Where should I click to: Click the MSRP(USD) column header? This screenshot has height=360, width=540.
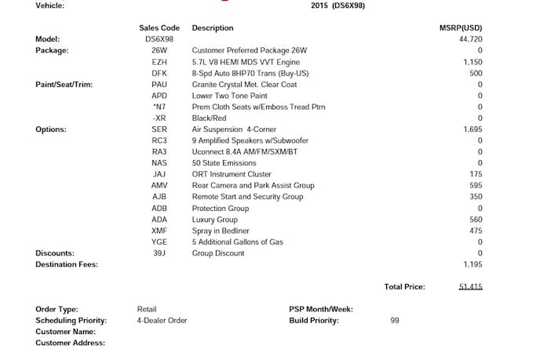[x=461, y=27]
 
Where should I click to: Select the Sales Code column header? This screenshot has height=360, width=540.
[x=159, y=27]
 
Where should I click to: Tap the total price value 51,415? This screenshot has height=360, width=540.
[x=470, y=287]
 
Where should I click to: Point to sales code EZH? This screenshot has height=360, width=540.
[x=159, y=61]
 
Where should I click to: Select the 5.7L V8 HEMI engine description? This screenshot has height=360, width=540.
[x=245, y=61]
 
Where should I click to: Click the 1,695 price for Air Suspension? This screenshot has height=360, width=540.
[x=472, y=129]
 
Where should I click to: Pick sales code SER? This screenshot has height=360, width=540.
[x=159, y=129]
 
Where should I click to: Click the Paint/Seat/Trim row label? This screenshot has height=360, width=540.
[x=64, y=84]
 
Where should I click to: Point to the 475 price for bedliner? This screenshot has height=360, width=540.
[x=476, y=231]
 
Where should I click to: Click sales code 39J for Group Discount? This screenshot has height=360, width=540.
[x=159, y=253]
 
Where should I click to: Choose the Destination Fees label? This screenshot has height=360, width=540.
[x=67, y=264]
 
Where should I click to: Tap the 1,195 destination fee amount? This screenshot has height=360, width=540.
[x=472, y=264]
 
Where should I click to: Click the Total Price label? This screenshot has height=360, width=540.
[x=404, y=287]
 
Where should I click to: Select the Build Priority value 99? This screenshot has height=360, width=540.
[x=395, y=320]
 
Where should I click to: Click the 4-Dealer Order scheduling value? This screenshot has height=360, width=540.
[x=162, y=320]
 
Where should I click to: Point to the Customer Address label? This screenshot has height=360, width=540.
[x=70, y=343]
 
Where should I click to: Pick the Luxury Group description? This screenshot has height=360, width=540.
[x=214, y=220]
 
